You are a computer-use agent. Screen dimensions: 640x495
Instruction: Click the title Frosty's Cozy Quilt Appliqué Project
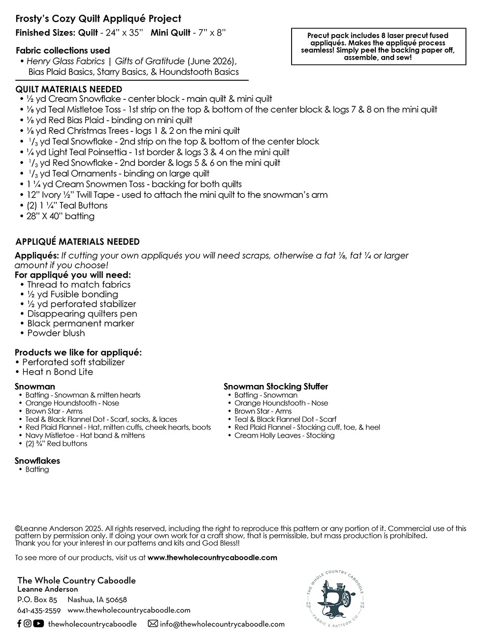(x=98, y=19)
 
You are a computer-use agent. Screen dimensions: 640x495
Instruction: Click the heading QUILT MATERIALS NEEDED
(x=68, y=89)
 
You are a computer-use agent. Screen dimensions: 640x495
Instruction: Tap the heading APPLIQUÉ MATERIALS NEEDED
(x=77, y=242)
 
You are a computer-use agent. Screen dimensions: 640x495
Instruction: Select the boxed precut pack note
(x=378, y=46)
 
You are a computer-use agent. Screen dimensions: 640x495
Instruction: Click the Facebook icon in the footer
(x=19, y=623)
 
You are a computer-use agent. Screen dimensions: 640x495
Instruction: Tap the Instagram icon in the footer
(x=28, y=623)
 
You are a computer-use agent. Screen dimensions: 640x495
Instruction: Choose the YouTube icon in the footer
(x=38, y=623)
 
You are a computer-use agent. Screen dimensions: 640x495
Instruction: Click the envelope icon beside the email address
(x=153, y=624)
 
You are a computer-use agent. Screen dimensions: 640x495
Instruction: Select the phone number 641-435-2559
(x=39, y=610)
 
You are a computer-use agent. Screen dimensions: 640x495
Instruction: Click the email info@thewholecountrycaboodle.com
(x=222, y=624)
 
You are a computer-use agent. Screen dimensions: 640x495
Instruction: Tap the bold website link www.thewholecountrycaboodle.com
(x=212, y=558)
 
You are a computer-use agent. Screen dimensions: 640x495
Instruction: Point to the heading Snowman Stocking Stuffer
(x=275, y=386)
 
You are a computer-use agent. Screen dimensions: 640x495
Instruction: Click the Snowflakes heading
(x=37, y=461)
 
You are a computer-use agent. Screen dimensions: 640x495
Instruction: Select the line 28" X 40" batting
(x=60, y=216)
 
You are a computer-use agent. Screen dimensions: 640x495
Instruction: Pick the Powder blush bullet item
(x=56, y=333)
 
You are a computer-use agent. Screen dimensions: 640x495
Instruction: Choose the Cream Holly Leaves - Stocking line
(x=284, y=435)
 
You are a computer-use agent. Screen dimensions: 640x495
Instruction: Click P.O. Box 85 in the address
(x=37, y=600)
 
